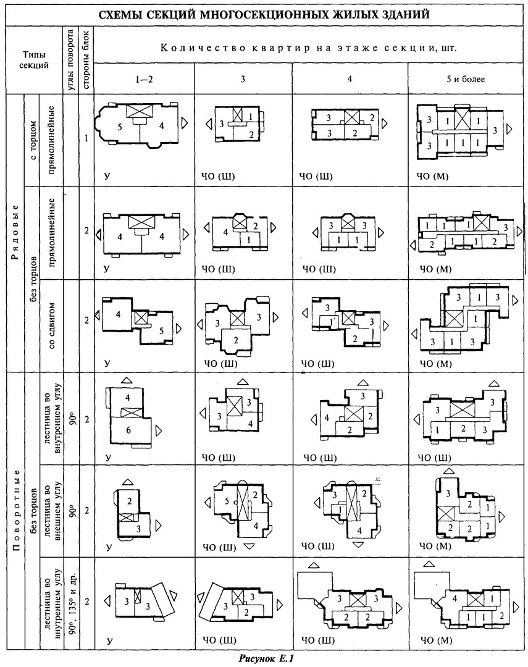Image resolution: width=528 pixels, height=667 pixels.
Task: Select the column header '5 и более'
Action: coord(466,79)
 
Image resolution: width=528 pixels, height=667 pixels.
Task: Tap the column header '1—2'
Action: coord(144,79)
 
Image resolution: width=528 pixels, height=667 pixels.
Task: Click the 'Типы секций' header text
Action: coord(36,61)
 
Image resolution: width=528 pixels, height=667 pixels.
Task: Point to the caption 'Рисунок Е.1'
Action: coord(266,659)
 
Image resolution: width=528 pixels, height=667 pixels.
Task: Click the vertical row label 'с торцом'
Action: coord(33,140)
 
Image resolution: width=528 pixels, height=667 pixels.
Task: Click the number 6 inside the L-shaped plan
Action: coord(128,430)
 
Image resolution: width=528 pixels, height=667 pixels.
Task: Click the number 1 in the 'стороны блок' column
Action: coord(86,138)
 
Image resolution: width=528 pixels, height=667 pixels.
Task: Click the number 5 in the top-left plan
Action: coord(120,127)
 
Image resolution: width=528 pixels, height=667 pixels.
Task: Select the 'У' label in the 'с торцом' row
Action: coord(107,176)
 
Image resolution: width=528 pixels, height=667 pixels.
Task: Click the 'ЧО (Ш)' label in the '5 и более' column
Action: coord(434,458)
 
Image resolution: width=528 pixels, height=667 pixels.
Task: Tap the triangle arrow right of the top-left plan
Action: coord(184,123)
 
